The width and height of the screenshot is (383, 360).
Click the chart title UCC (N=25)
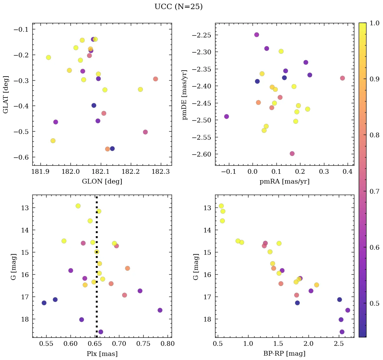click(x=178, y=7)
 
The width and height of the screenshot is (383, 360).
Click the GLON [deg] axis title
click(x=102, y=182)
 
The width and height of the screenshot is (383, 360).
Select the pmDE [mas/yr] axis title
click(x=185, y=94)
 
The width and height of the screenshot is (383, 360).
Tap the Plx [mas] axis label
click(x=102, y=354)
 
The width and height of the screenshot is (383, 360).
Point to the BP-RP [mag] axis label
click(x=284, y=354)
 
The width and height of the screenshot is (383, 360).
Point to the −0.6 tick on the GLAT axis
click(x=21, y=157)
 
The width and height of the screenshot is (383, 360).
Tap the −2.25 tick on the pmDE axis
click(x=202, y=35)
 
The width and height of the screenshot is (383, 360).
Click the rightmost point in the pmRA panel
click(x=343, y=78)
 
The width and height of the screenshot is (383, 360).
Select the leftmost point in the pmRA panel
click(x=227, y=116)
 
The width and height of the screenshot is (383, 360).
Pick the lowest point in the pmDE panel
click(x=292, y=154)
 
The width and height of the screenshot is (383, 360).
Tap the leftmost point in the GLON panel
click(x=49, y=57)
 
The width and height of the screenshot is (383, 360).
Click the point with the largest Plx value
click(x=160, y=310)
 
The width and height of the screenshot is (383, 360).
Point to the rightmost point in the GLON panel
click(x=155, y=79)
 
